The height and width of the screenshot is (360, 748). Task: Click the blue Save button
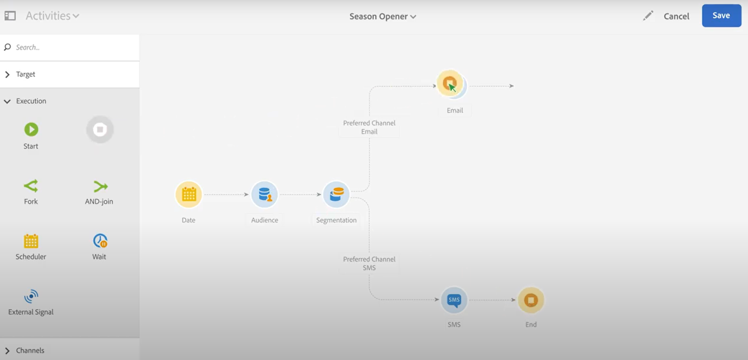tap(721, 15)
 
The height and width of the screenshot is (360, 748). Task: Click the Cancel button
tap(676, 16)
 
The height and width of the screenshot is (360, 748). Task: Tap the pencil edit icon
tap(647, 16)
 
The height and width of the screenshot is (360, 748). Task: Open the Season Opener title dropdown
tap(382, 16)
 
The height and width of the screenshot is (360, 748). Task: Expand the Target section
tap(25, 74)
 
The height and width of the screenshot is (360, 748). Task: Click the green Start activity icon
tap(31, 130)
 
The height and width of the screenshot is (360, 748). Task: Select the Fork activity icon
tap(31, 186)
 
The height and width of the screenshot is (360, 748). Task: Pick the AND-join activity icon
tap(100, 187)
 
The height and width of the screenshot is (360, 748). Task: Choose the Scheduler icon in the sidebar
tap(31, 241)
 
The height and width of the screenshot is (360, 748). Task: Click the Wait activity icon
tap(100, 241)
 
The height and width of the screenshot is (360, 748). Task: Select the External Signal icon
tap(31, 296)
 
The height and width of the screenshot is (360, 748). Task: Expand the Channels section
tap(30, 351)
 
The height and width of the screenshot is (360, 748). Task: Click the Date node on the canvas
tap(189, 194)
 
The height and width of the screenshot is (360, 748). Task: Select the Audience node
tap(265, 194)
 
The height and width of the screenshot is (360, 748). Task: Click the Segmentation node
tap(336, 194)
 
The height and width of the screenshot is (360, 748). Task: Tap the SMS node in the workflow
tap(454, 300)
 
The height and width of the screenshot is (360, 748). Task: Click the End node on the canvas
tap(531, 300)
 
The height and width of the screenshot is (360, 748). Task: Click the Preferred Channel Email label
tap(369, 127)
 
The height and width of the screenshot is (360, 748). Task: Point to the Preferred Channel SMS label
tap(369, 263)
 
